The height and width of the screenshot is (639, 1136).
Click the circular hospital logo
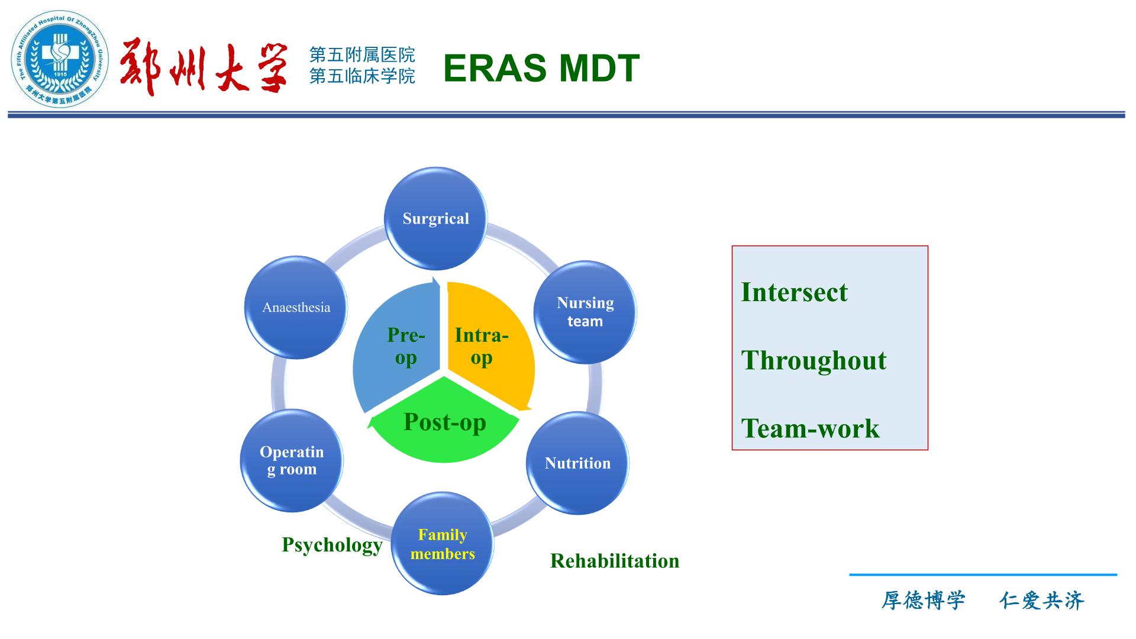tap(60, 59)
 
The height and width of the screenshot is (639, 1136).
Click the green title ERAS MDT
tap(541, 67)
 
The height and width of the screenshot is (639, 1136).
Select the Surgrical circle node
tap(436, 219)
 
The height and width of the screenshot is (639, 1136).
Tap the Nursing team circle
tap(585, 312)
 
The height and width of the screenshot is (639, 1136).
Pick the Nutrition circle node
tap(577, 463)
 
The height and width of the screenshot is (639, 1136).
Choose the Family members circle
tap(443, 544)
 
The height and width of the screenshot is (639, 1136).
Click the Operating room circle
tap(292, 460)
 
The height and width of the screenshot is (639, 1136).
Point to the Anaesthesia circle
tap(296, 308)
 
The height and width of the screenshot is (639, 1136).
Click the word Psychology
tap(332, 546)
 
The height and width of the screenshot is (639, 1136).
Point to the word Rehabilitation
tap(615, 561)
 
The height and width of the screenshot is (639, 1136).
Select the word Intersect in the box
tap(794, 292)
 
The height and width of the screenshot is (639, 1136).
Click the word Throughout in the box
tap(814, 361)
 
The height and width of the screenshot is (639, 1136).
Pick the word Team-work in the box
tap(810, 428)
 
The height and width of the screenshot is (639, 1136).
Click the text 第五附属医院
tap(362, 55)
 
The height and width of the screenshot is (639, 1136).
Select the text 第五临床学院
tap(362, 76)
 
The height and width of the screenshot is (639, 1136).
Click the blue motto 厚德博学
tap(923, 601)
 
